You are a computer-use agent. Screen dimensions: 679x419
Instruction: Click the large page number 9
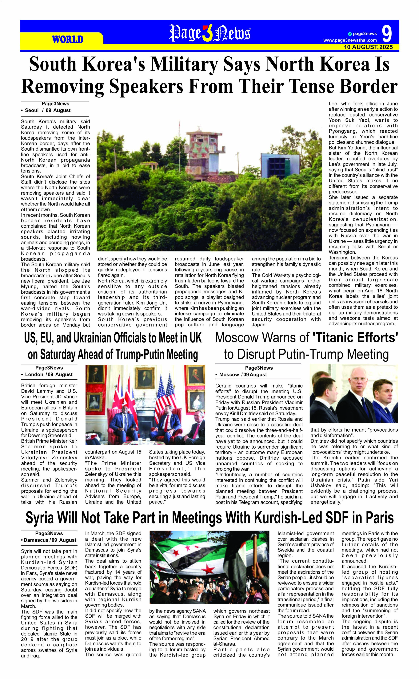[x=387, y=34]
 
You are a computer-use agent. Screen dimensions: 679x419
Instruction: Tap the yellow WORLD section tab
[x=68, y=39]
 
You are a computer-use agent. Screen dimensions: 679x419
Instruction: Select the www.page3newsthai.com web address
[x=350, y=40]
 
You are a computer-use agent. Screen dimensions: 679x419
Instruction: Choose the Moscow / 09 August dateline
[x=243, y=374]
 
